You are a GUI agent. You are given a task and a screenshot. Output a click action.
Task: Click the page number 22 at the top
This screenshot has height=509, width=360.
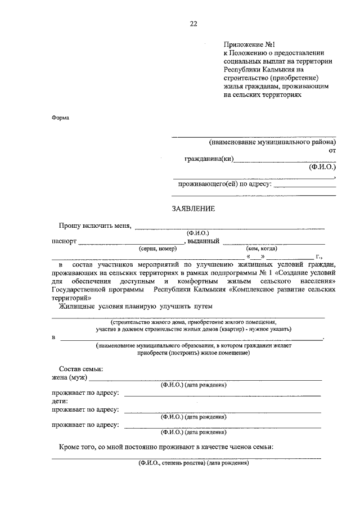coord(193,24)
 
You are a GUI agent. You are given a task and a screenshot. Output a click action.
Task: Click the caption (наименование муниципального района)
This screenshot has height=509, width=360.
coord(272,143)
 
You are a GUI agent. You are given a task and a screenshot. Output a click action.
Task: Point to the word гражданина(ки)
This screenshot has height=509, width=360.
coord(209,159)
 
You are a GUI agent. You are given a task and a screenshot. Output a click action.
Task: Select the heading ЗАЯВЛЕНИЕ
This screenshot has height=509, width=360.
coord(193,209)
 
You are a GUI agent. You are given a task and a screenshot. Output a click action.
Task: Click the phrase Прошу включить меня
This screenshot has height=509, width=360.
coord(95,226)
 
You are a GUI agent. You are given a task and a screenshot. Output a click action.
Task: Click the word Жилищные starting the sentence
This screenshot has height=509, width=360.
coord(77,305)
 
